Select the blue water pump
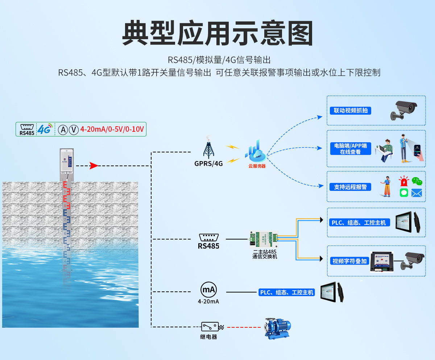click(x=277, y=329)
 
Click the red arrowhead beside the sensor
click(x=94, y=166)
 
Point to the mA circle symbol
click(x=208, y=290)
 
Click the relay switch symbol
click(x=211, y=327)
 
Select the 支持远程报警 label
click(x=351, y=187)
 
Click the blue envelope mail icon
click(x=417, y=193)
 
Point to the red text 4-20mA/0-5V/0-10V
click(x=112, y=129)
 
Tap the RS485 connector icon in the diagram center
click(x=208, y=238)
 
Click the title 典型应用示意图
click(x=217, y=33)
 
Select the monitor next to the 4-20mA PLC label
click(x=332, y=292)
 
